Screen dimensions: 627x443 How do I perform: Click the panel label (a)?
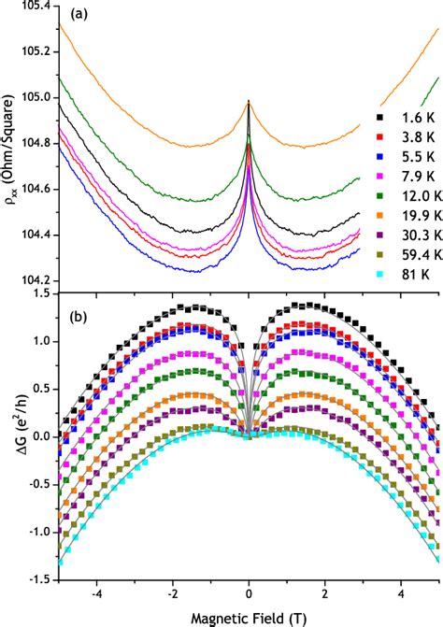[79, 16]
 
